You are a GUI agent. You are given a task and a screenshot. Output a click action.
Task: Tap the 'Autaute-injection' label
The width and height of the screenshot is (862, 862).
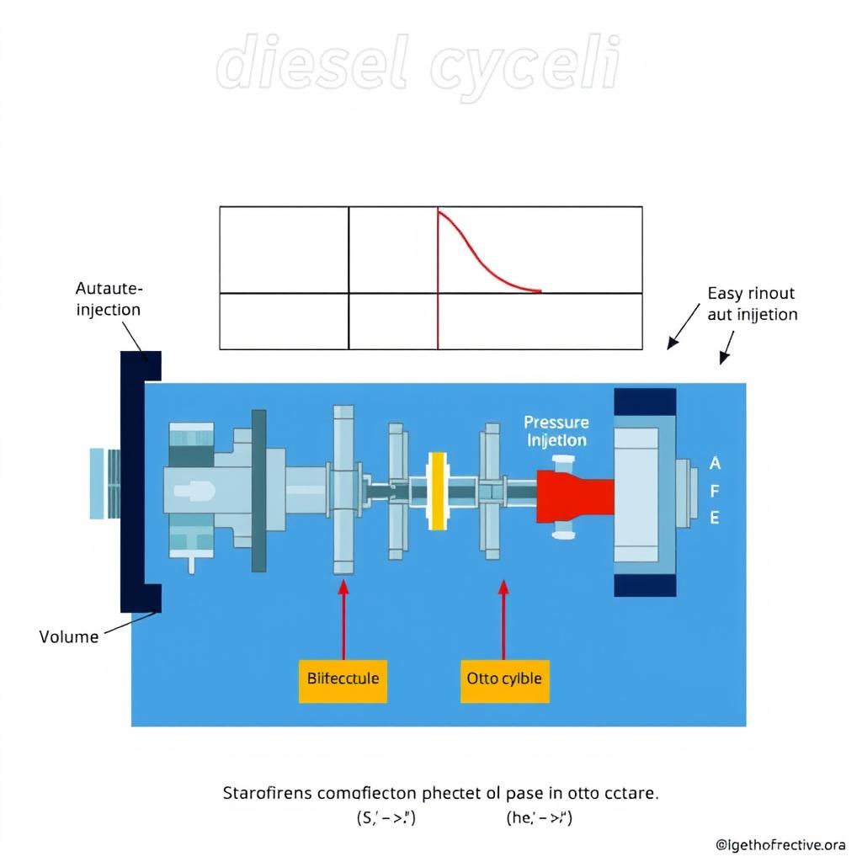(109, 299)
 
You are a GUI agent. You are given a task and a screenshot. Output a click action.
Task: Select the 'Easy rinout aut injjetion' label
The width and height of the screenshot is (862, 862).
(752, 304)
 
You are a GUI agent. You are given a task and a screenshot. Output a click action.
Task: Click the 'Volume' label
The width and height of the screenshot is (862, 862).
(69, 636)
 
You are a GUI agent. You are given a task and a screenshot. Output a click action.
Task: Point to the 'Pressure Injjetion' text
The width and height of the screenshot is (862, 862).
(556, 430)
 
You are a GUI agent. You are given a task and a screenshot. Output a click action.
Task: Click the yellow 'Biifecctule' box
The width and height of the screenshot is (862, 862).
(343, 678)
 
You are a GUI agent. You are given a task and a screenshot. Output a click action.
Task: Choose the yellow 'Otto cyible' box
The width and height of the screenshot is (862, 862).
(504, 678)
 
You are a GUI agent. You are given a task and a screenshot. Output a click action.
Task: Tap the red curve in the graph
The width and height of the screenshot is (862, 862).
(480, 257)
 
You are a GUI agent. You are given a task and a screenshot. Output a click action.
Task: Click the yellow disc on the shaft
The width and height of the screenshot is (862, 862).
(437, 492)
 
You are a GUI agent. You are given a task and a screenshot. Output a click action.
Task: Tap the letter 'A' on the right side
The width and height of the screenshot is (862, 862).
(716, 463)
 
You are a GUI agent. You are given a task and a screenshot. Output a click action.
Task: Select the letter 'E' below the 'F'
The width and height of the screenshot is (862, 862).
(716, 519)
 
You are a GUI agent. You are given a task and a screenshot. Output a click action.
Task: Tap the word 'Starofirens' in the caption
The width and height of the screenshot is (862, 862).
(265, 793)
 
